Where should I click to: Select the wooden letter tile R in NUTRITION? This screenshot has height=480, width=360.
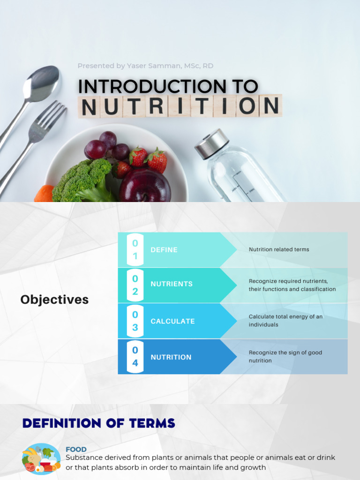point(157,106)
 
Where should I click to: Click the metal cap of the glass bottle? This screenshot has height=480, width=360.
point(211,143)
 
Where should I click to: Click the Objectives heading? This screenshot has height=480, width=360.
point(54,300)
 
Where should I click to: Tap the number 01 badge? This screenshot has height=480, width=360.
point(135,250)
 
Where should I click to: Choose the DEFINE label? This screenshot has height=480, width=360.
point(164,250)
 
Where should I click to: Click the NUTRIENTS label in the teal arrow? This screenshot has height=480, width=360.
point(172,284)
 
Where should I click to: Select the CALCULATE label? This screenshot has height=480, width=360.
point(172,321)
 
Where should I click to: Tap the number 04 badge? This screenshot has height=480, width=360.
point(135,357)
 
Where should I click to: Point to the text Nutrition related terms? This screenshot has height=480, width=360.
point(279,249)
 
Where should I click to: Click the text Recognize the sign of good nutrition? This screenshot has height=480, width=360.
point(285,357)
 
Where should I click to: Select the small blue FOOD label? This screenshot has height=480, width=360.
point(76,449)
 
